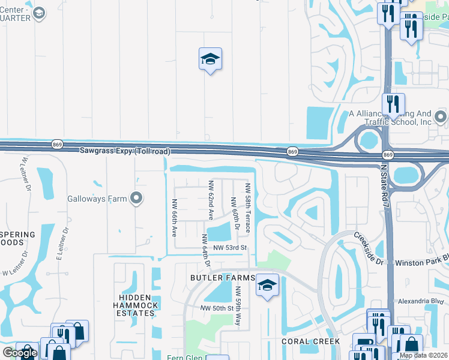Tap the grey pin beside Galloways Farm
136,197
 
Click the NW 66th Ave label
174,217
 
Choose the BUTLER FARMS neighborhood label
221,278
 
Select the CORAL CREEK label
311,341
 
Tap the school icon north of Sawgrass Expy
210,59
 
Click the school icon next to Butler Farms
268,285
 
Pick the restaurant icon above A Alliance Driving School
393,104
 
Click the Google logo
20,353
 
